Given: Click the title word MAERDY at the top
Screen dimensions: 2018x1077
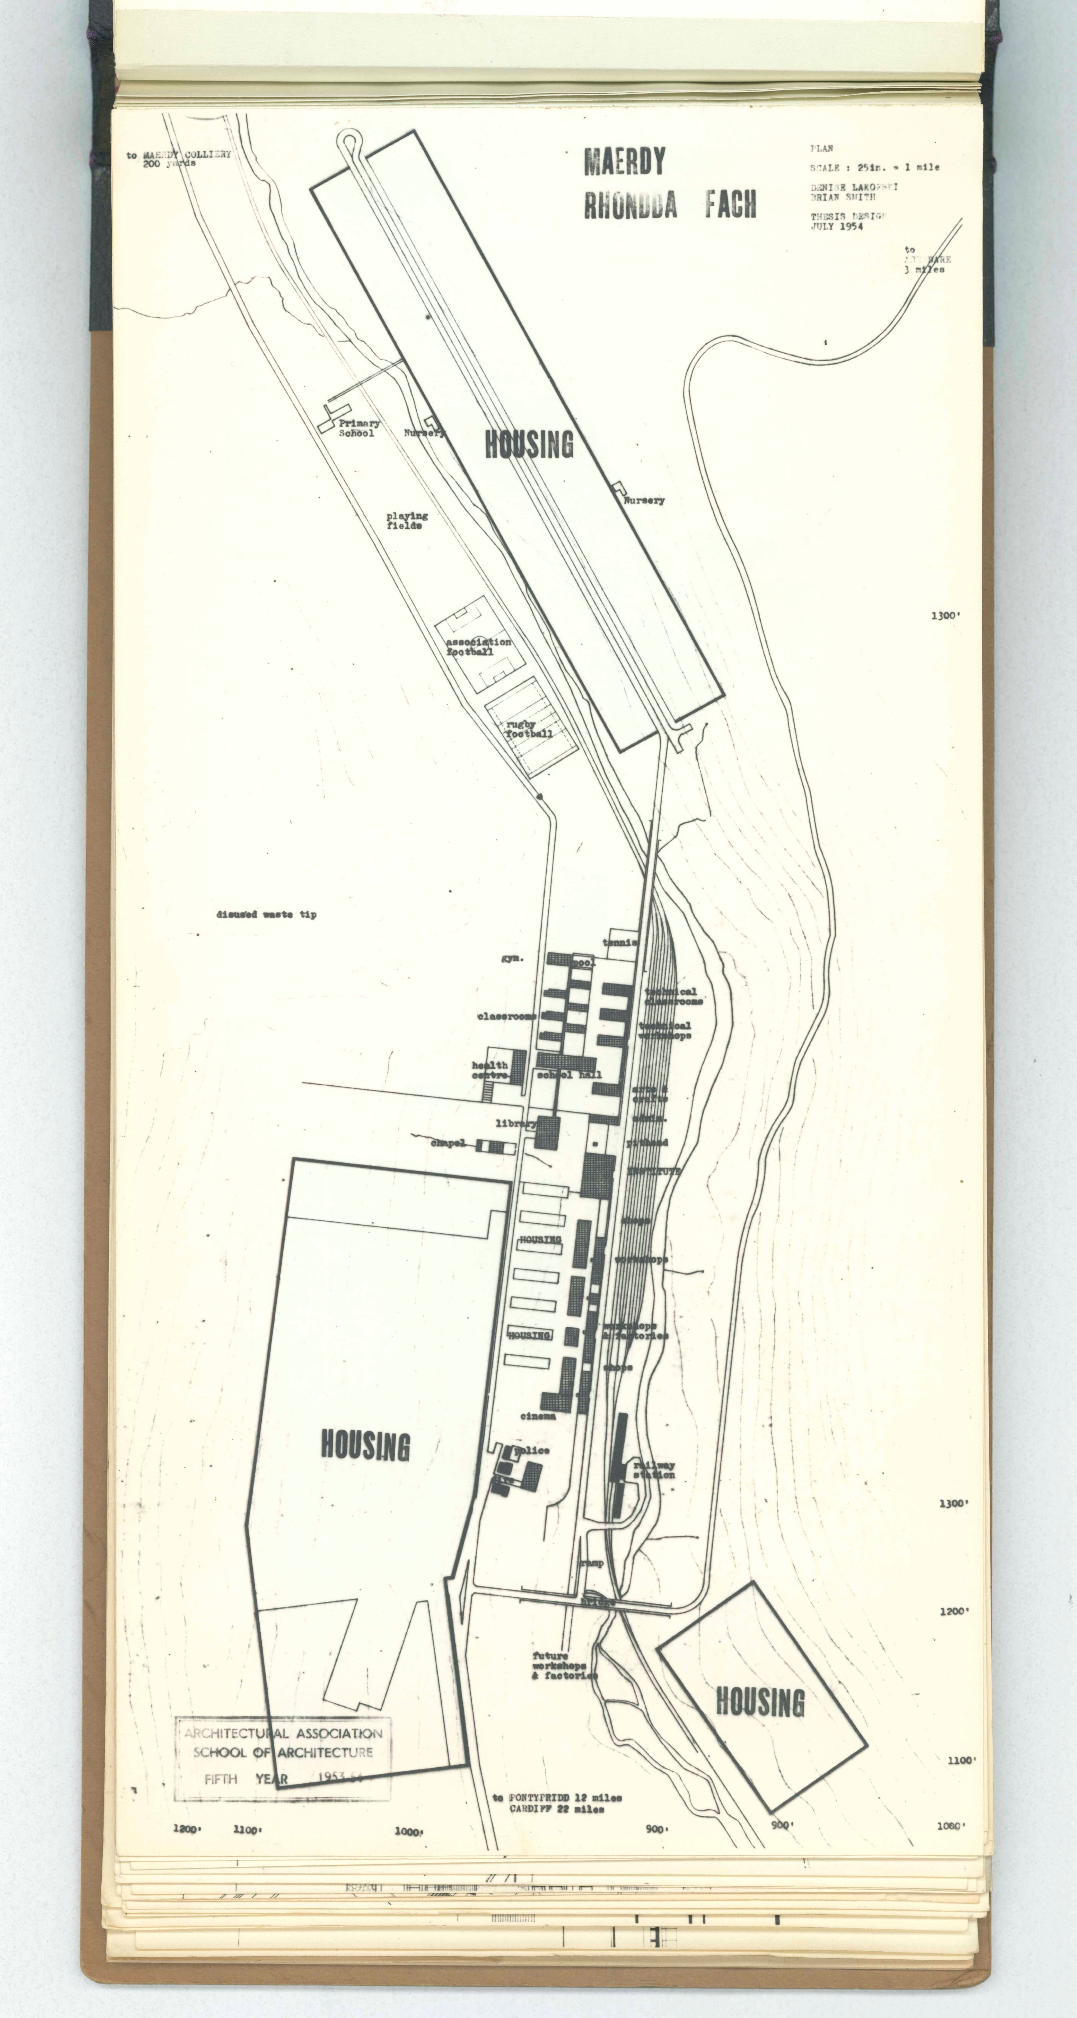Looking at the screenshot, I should [625, 161].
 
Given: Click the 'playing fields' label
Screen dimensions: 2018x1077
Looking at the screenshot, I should [407, 521].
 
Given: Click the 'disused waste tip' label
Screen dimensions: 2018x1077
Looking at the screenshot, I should [267, 914].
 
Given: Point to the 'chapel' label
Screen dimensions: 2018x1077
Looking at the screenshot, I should [448, 1143].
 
